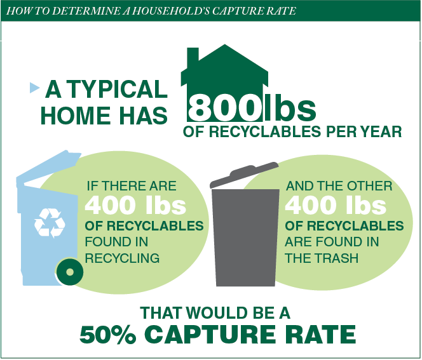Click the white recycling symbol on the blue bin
pyautogui.click(x=50, y=223)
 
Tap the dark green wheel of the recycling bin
pyautogui.click(x=70, y=272)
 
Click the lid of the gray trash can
pyautogui.click(x=244, y=174)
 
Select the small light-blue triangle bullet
pyautogui.click(x=34, y=88)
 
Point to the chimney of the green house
pyautogui.click(x=193, y=55)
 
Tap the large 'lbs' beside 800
pyautogui.click(x=290, y=107)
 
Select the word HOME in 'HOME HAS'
pyautogui.click(x=76, y=116)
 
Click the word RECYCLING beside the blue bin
pyautogui.click(x=122, y=258)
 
